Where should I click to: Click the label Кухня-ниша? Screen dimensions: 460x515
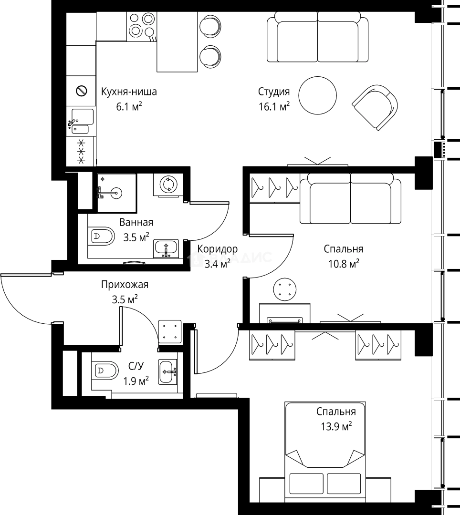[129, 91]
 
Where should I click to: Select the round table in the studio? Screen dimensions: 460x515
[318, 95]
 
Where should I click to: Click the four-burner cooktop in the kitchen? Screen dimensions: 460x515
[142, 27]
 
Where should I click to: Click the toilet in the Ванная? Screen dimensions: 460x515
[101, 236]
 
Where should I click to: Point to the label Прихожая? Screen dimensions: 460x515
[125, 284]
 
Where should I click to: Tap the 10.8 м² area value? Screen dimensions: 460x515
[344, 263]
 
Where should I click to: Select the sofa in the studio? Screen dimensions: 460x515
[317, 37]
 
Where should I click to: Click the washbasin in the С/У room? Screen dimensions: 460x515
[168, 371]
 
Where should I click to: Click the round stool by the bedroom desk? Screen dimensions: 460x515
[284, 289]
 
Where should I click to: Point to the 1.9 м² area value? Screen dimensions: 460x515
[136, 381]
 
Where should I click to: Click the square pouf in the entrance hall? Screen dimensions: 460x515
[170, 332]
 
